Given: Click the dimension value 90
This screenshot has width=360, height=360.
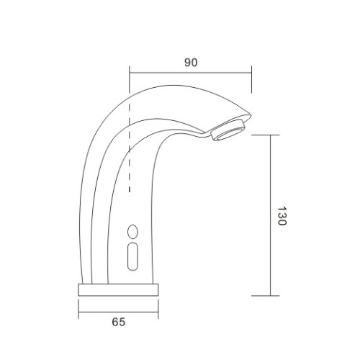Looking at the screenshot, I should tap(190, 63).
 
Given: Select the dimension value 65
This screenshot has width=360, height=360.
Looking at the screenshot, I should tap(118, 323).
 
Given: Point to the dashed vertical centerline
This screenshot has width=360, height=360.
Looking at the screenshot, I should tap(129, 144).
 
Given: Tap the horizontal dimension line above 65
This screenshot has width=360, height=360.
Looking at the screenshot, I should tap(118, 312).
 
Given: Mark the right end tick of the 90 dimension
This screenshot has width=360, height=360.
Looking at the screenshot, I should tap(252, 79).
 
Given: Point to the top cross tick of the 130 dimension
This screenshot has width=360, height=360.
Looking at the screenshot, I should tap(270, 134).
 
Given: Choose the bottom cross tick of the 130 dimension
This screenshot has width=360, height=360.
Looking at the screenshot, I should tap(270, 296).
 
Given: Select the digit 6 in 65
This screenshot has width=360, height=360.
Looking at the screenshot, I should tap(114, 323).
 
